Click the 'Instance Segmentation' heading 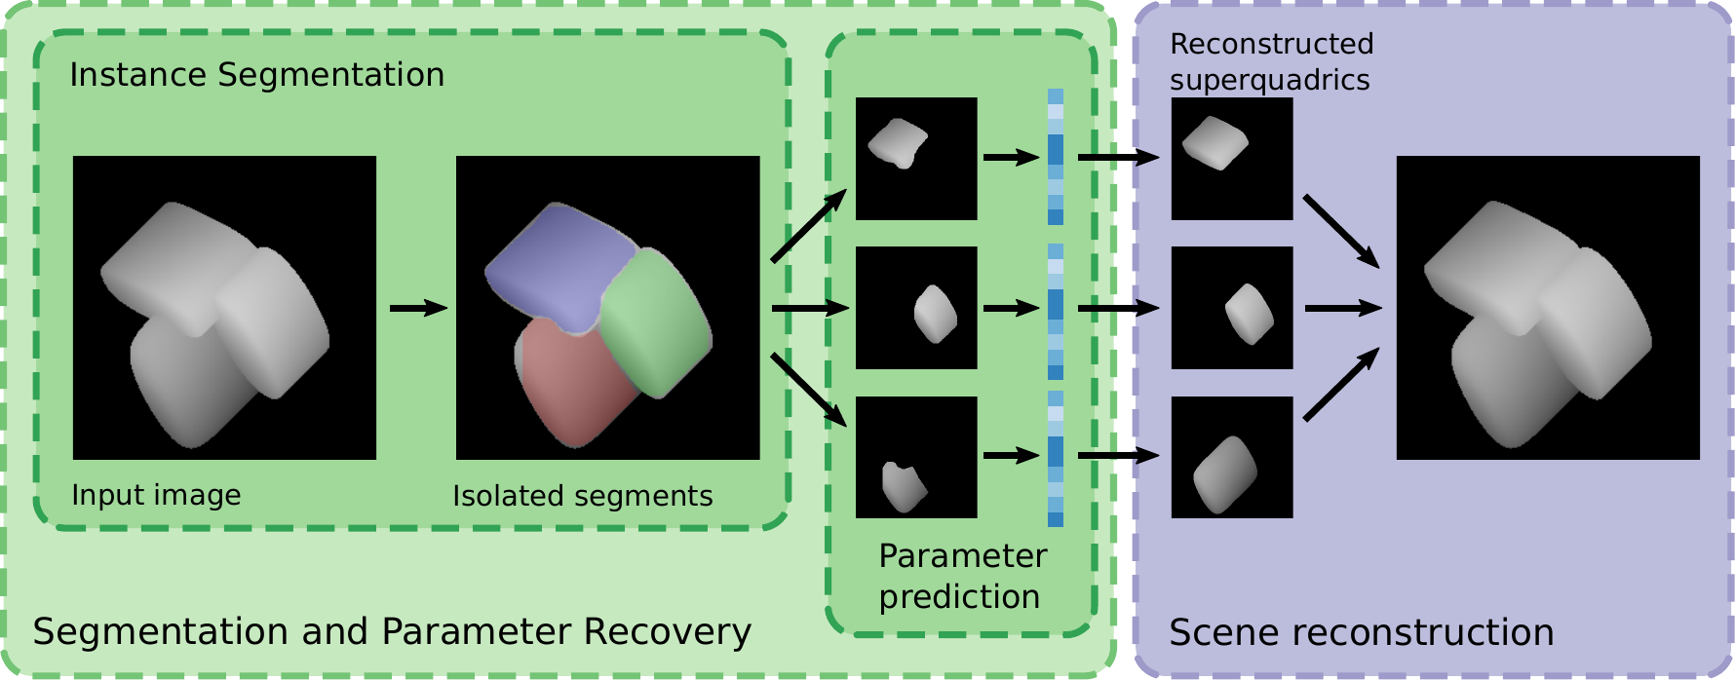tap(256, 75)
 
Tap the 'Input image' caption tap(156, 495)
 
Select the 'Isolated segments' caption tap(582, 496)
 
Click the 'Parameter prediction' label tap(961, 576)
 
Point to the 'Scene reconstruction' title tap(1361, 632)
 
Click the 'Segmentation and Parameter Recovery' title tap(392, 631)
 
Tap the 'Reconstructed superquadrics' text tap(1270, 61)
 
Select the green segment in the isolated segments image tap(653, 321)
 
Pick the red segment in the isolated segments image tap(570, 385)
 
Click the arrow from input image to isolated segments tap(417, 308)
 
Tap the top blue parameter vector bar tap(1056, 157)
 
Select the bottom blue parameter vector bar tap(1056, 459)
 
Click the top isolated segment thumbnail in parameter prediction tap(916, 158)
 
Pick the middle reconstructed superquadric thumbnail tap(1232, 308)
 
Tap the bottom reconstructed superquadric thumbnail tap(1232, 457)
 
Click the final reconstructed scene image tap(1548, 308)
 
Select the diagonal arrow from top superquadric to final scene tap(1340, 231)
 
